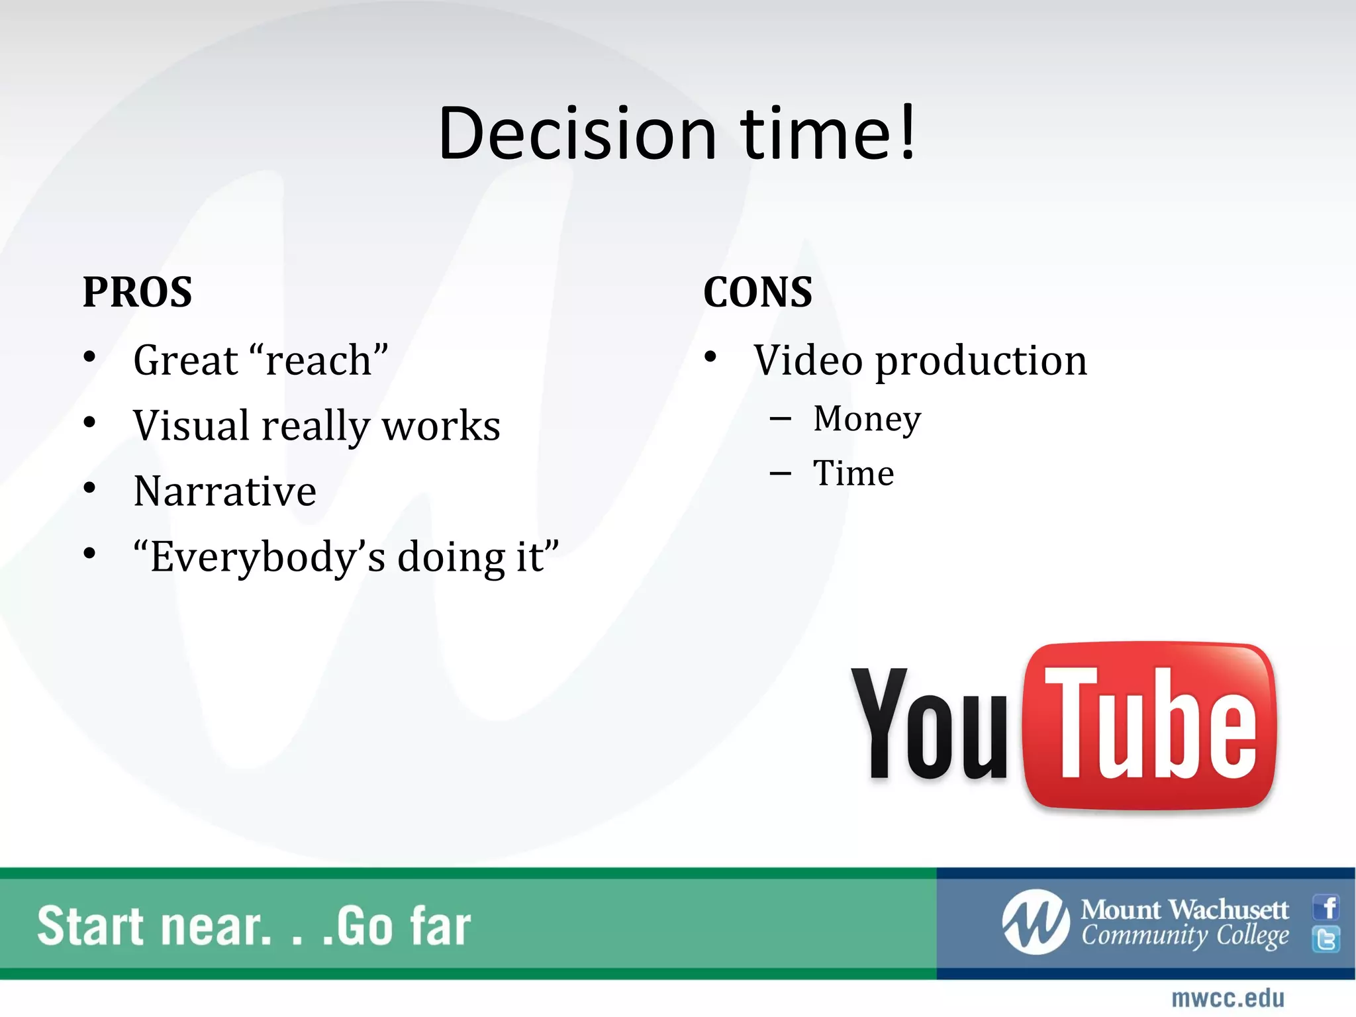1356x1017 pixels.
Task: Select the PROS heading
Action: pyautogui.click(x=137, y=292)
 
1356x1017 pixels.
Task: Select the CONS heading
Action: pyautogui.click(x=757, y=292)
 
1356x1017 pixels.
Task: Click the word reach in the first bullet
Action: pyautogui.click(x=318, y=361)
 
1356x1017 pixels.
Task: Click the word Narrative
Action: pyautogui.click(x=225, y=492)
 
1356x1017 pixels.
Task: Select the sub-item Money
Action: pyautogui.click(x=867, y=419)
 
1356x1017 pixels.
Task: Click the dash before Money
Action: pyautogui.click(x=781, y=419)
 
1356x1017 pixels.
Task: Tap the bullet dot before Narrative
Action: pyautogui.click(x=90, y=489)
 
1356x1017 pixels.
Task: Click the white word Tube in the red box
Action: pyautogui.click(x=1149, y=725)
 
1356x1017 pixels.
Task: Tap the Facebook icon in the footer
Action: pyautogui.click(x=1327, y=907)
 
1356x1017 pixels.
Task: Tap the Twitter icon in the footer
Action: pyautogui.click(x=1327, y=939)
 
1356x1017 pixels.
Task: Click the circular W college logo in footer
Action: pyautogui.click(x=1035, y=922)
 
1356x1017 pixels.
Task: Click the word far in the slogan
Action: pyautogui.click(x=440, y=926)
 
